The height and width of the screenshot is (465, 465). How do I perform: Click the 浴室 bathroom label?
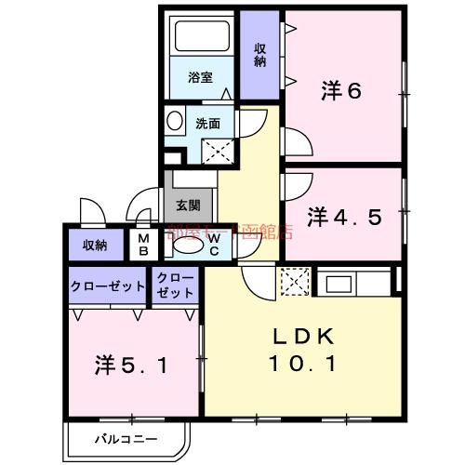(x=200, y=77)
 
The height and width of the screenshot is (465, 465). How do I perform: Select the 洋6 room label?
(x=341, y=91)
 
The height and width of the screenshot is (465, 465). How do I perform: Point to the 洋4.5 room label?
(x=345, y=218)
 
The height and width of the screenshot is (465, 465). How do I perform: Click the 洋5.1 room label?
(x=130, y=364)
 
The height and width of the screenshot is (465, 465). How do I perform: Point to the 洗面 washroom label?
(x=206, y=122)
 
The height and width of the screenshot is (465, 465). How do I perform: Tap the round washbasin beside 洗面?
(x=176, y=120)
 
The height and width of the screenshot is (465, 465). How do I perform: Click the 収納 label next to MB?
(x=95, y=245)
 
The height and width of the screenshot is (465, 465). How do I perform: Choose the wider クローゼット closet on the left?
(x=107, y=286)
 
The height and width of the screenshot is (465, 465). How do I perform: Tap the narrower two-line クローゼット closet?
(x=175, y=286)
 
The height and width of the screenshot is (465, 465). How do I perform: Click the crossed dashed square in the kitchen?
(x=294, y=283)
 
